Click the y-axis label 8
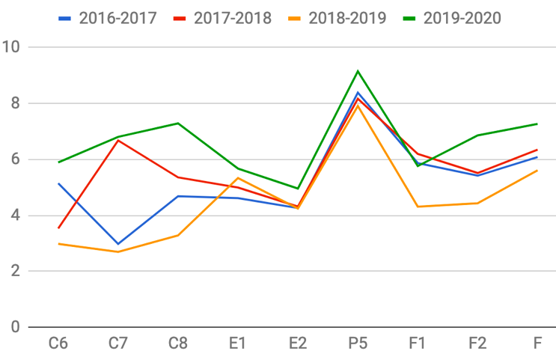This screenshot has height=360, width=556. pyautogui.click(x=15, y=103)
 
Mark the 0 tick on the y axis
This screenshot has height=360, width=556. pyautogui.click(x=15, y=327)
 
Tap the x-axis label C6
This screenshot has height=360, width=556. pyautogui.click(x=58, y=344)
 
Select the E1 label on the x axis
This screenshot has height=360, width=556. pyautogui.click(x=238, y=344)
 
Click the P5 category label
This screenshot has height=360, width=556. pyautogui.click(x=358, y=344)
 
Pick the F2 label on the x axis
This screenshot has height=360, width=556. pyautogui.click(x=477, y=344)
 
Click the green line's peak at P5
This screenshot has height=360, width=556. pyautogui.click(x=358, y=71)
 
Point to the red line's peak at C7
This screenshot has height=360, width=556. pyautogui.click(x=118, y=140)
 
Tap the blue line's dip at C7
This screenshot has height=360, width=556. pyautogui.click(x=118, y=244)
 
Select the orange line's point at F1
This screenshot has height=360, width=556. pyautogui.click(x=418, y=207)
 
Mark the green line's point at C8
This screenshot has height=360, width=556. pyautogui.click(x=178, y=123)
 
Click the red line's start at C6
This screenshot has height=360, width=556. pyautogui.click(x=58, y=228)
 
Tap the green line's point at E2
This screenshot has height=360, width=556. pyautogui.click(x=298, y=189)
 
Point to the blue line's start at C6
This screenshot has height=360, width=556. pyautogui.click(x=58, y=183)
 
